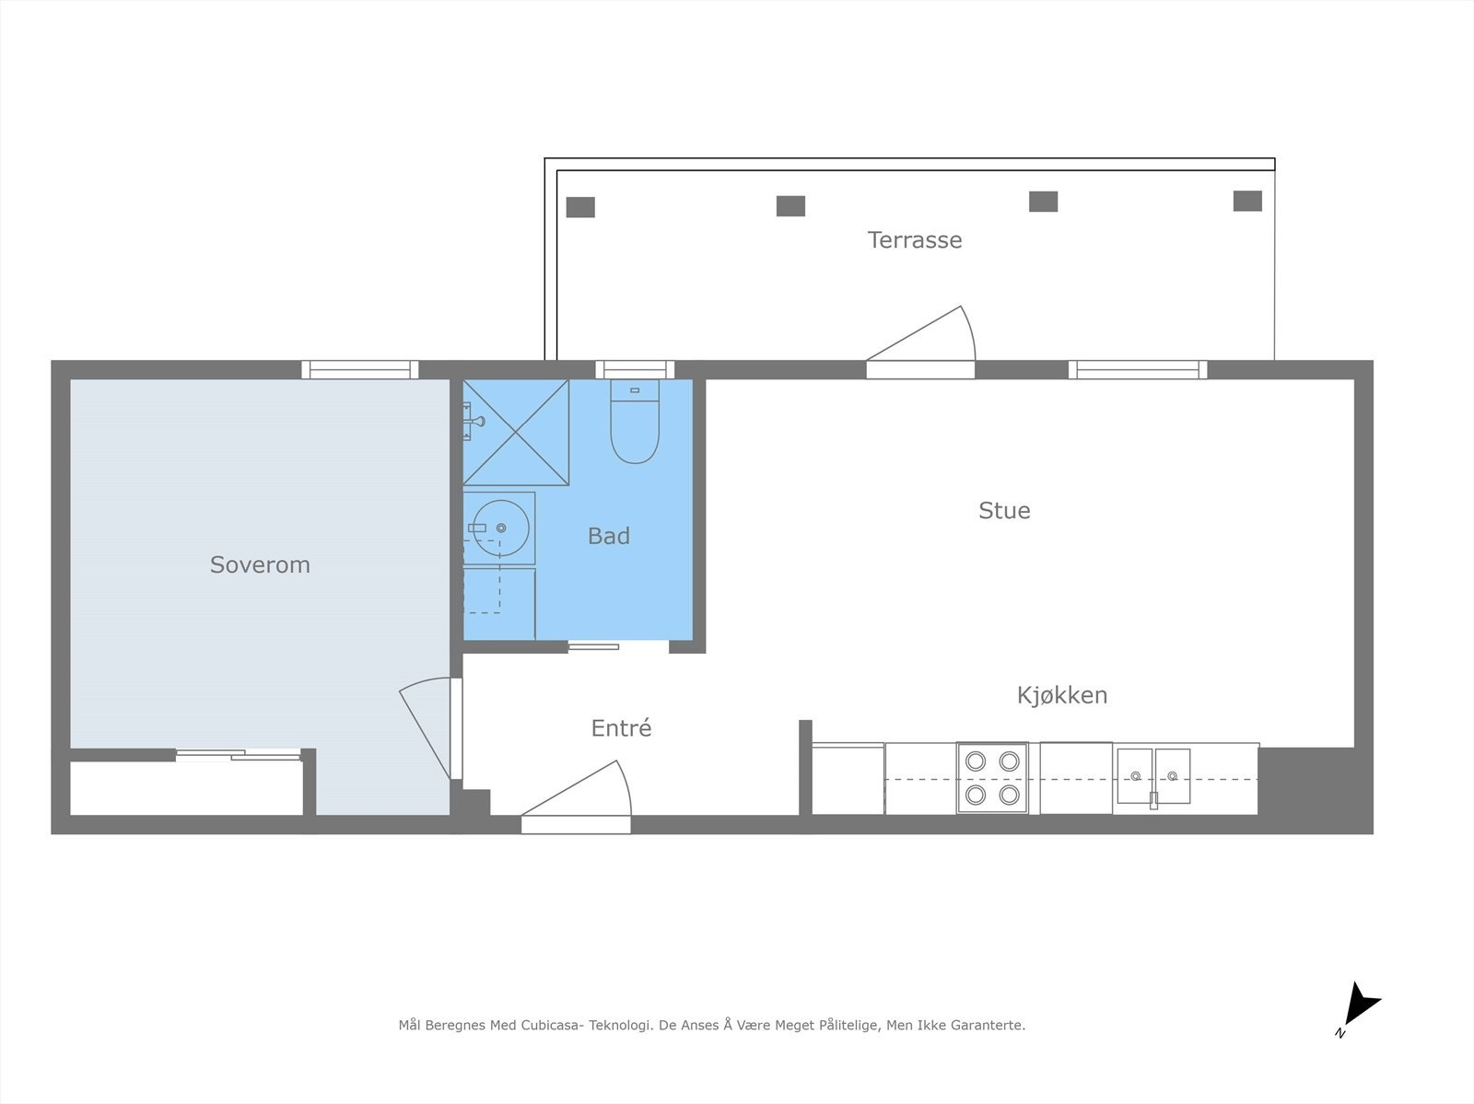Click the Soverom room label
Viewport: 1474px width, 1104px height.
[x=260, y=564]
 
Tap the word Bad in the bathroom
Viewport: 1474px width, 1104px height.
[x=609, y=536]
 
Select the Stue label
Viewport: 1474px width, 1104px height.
[x=1004, y=510]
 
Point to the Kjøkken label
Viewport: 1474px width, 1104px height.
[x=1061, y=695]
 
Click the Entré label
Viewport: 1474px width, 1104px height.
[x=621, y=728]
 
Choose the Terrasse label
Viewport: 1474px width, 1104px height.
[x=914, y=240]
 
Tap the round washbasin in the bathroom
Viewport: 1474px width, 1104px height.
[x=499, y=529]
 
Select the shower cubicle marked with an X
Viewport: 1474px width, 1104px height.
[x=516, y=433]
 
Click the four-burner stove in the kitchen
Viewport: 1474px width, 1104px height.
[x=992, y=778]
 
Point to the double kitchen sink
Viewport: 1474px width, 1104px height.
[x=1153, y=776]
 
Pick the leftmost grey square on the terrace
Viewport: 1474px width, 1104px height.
[x=580, y=207]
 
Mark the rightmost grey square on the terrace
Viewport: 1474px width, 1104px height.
[x=1247, y=201]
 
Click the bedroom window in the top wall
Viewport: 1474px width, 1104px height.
[x=359, y=369]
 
